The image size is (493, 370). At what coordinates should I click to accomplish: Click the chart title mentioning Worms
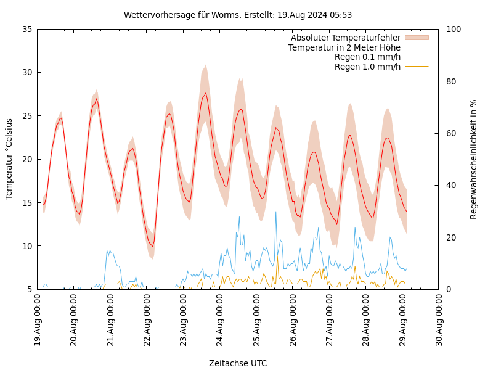pyautogui.click(x=238, y=15)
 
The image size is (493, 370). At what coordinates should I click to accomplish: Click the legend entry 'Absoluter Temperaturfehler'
pyautogui.click(x=346, y=38)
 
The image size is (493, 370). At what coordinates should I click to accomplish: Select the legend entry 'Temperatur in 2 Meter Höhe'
pyautogui.click(x=344, y=47)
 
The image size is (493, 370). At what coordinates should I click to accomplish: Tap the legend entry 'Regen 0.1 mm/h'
pyautogui.click(x=367, y=57)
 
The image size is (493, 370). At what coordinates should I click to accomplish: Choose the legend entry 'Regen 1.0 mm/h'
pyautogui.click(x=367, y=67)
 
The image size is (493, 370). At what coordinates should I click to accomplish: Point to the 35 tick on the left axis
pyautogui.click(x=26, y=29)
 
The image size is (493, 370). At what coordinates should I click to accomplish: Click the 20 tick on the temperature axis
pyautogui.click(x=26, y=159)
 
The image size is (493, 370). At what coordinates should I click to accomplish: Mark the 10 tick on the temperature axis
pyautogui.click(x=26, y=246)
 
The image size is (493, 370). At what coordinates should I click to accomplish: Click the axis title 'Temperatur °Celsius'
pyautogui.click(x=9, y=159)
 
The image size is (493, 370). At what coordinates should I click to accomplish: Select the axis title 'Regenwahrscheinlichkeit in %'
pyautogui.click(x=473, y=159)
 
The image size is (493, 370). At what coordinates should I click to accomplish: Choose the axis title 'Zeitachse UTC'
pyautogui.click(x=238, y=363)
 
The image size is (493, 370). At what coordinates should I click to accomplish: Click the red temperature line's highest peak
pyautogui.click(x=206, y=93)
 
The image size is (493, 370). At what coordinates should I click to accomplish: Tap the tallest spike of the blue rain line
pyautogui.click(x=275, y=212)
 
